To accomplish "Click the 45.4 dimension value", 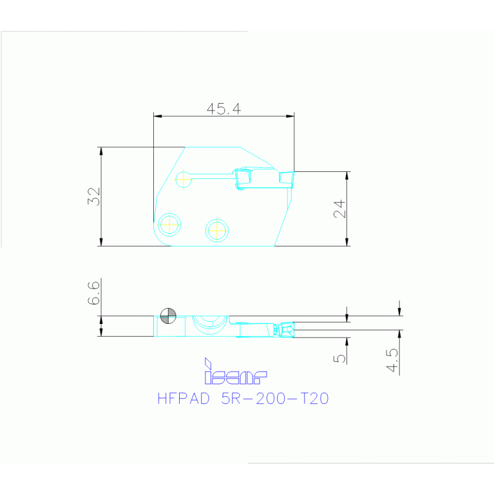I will [223, 109].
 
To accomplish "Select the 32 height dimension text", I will [94, 196].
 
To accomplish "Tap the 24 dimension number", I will [339, 209].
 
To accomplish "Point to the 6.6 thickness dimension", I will [94, 293].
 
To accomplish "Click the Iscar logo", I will [234, 372].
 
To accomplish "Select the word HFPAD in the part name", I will [184, 399].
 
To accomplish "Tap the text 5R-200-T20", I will [275, 399].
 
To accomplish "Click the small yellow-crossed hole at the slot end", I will [184, 178].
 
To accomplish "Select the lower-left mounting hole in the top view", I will [170, 224].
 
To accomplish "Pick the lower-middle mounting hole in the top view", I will [217, 229].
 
